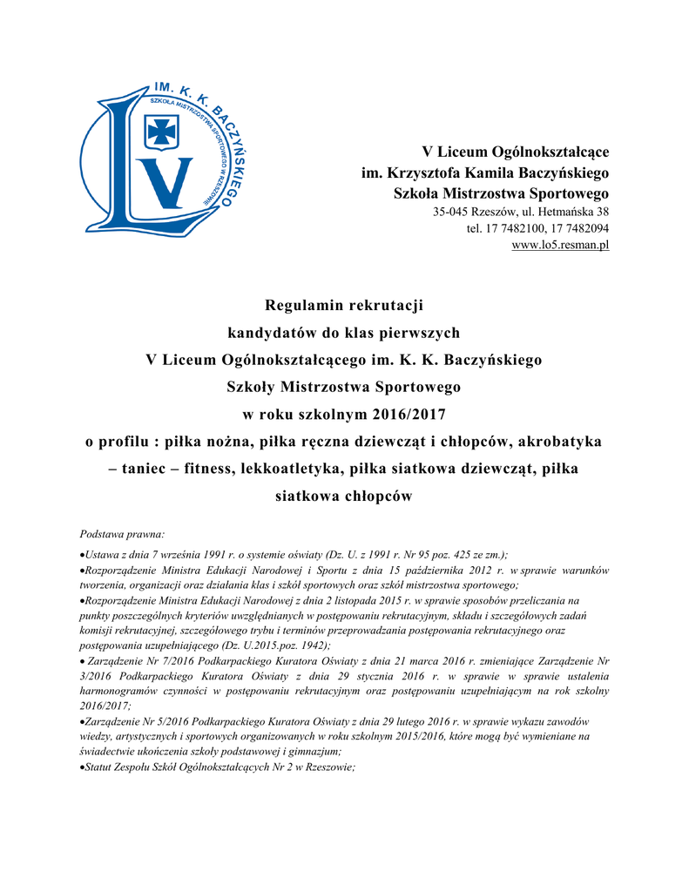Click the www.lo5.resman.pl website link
560,245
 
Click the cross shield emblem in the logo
163,132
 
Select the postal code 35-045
452,212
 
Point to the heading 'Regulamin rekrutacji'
343,305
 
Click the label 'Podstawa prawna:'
115,533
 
